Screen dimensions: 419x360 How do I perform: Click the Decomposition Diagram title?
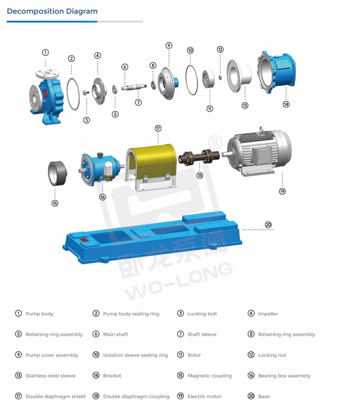52,12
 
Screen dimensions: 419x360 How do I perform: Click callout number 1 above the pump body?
45,53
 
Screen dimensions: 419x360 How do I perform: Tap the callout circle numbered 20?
268,225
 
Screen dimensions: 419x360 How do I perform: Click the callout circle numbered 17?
158,128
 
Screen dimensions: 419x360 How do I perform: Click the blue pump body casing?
46,95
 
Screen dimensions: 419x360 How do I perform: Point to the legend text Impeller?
267,314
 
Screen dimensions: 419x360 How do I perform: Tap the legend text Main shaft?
115,334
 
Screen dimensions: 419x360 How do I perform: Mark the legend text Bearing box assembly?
284,375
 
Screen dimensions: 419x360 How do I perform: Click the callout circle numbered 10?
190,50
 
